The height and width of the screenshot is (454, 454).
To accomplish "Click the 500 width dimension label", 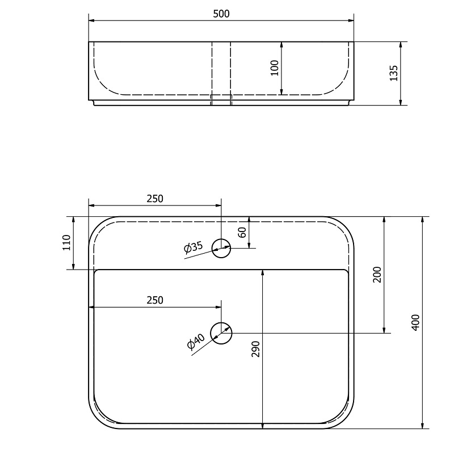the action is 221,14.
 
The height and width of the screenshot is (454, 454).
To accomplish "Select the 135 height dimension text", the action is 394,73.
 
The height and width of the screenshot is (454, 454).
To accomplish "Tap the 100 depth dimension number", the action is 275,68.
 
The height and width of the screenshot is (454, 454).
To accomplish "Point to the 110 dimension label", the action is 66,243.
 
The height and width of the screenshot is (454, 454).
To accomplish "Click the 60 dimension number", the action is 242,232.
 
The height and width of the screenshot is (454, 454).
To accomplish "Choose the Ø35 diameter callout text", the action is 194,247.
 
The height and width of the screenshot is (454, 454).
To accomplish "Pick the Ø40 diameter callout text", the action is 196,340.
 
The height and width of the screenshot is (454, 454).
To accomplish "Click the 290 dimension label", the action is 256,349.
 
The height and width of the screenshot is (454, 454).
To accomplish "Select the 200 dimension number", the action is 377,275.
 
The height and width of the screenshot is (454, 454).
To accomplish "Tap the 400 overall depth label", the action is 415,322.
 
